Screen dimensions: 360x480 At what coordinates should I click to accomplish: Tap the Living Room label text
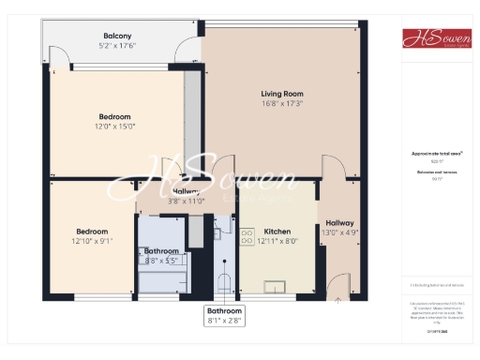coord(282,93)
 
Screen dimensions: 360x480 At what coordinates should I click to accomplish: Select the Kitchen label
coord(277,231)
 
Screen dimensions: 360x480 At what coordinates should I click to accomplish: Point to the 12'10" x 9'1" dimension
coord(92,241)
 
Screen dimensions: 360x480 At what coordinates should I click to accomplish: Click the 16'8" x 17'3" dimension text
coord(282,103)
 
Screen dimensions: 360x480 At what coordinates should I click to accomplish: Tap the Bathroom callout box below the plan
coord(224,315)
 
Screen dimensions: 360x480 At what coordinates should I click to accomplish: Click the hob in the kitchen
coord(248,236)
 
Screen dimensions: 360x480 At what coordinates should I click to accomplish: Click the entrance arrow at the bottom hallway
coord(337,300)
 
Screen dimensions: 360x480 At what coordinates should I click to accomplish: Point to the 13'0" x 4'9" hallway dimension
coord(338,232)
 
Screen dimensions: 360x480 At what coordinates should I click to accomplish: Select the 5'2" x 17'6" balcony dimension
coord(117,45)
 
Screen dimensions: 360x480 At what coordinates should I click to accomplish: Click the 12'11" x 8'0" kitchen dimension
coord(277,241)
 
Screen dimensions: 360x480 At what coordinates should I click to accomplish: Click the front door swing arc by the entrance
coord(340,282)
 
